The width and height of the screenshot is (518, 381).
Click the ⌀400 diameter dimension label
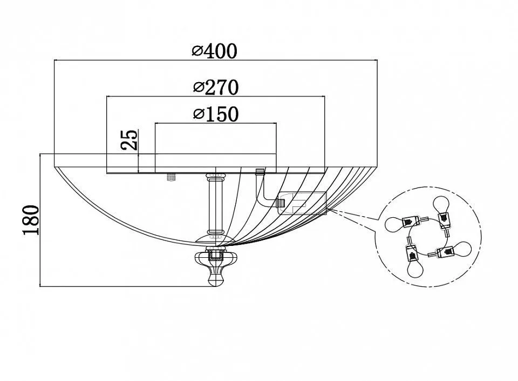click(215, 51)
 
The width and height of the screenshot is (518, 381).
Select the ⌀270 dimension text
click(215, 86)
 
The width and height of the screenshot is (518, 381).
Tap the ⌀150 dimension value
click(215, 114)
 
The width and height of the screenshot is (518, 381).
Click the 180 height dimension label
click(32, 220)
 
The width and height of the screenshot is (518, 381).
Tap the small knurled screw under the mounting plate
click(172, 177)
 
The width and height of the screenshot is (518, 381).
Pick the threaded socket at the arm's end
click(280, 203)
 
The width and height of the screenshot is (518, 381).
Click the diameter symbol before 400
click(197, 51)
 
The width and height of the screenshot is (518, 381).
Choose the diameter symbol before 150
click(198, 114)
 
